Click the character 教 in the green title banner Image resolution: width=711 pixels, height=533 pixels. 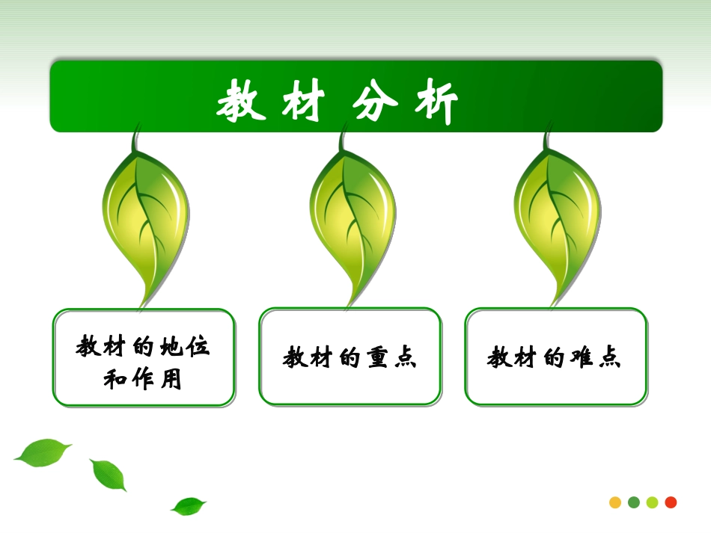coord(242,103)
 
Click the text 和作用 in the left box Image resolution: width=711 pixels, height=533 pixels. coord(142,380)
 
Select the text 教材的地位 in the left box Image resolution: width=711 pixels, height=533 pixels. coord(143,347)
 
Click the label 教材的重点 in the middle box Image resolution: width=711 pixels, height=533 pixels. coord(350,358)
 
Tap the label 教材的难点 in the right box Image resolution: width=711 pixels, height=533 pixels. coord(555,358)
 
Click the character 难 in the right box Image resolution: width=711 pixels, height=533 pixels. coord(582,358)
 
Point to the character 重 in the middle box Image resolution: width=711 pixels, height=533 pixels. coord(376,358)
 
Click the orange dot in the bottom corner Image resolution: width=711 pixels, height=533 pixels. coord(615,502)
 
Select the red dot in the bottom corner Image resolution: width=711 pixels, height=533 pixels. coord(671,502)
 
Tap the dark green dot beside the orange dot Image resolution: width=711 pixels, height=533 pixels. coord(634,502)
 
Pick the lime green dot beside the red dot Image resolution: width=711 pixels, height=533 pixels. coord(652,502)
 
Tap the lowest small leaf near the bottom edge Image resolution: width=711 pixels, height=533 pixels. coord(188,506)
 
